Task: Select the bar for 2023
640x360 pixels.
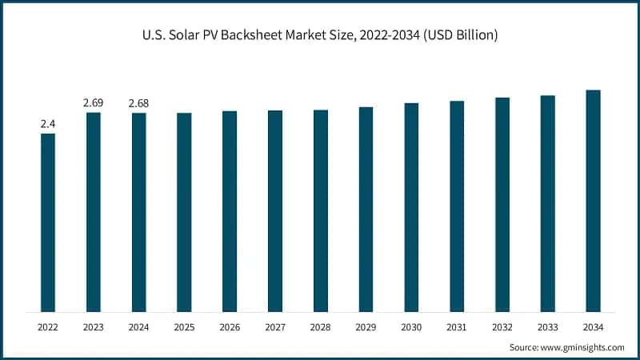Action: coord(94,212)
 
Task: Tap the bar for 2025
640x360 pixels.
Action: coord(184,212)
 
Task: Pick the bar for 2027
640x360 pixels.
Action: coord(275,211)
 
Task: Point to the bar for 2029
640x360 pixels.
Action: coord(366,209)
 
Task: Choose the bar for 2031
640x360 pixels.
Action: coord(457,206)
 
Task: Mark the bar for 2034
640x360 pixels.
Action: coord(593,201)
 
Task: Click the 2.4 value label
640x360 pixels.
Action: coord(48,124)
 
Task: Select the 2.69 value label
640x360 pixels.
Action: coord(94,103)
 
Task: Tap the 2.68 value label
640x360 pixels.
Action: coord(138,103)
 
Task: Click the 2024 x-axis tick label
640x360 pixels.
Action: coord(138,327)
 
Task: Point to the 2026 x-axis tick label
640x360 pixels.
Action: coord(230,327)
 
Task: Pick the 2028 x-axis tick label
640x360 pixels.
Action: coord(320,327)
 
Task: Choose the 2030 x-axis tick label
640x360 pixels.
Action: coord(411,327)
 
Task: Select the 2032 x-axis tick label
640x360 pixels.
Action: coord(502,327)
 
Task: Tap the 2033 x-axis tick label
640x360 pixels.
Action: coord(547,327)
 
